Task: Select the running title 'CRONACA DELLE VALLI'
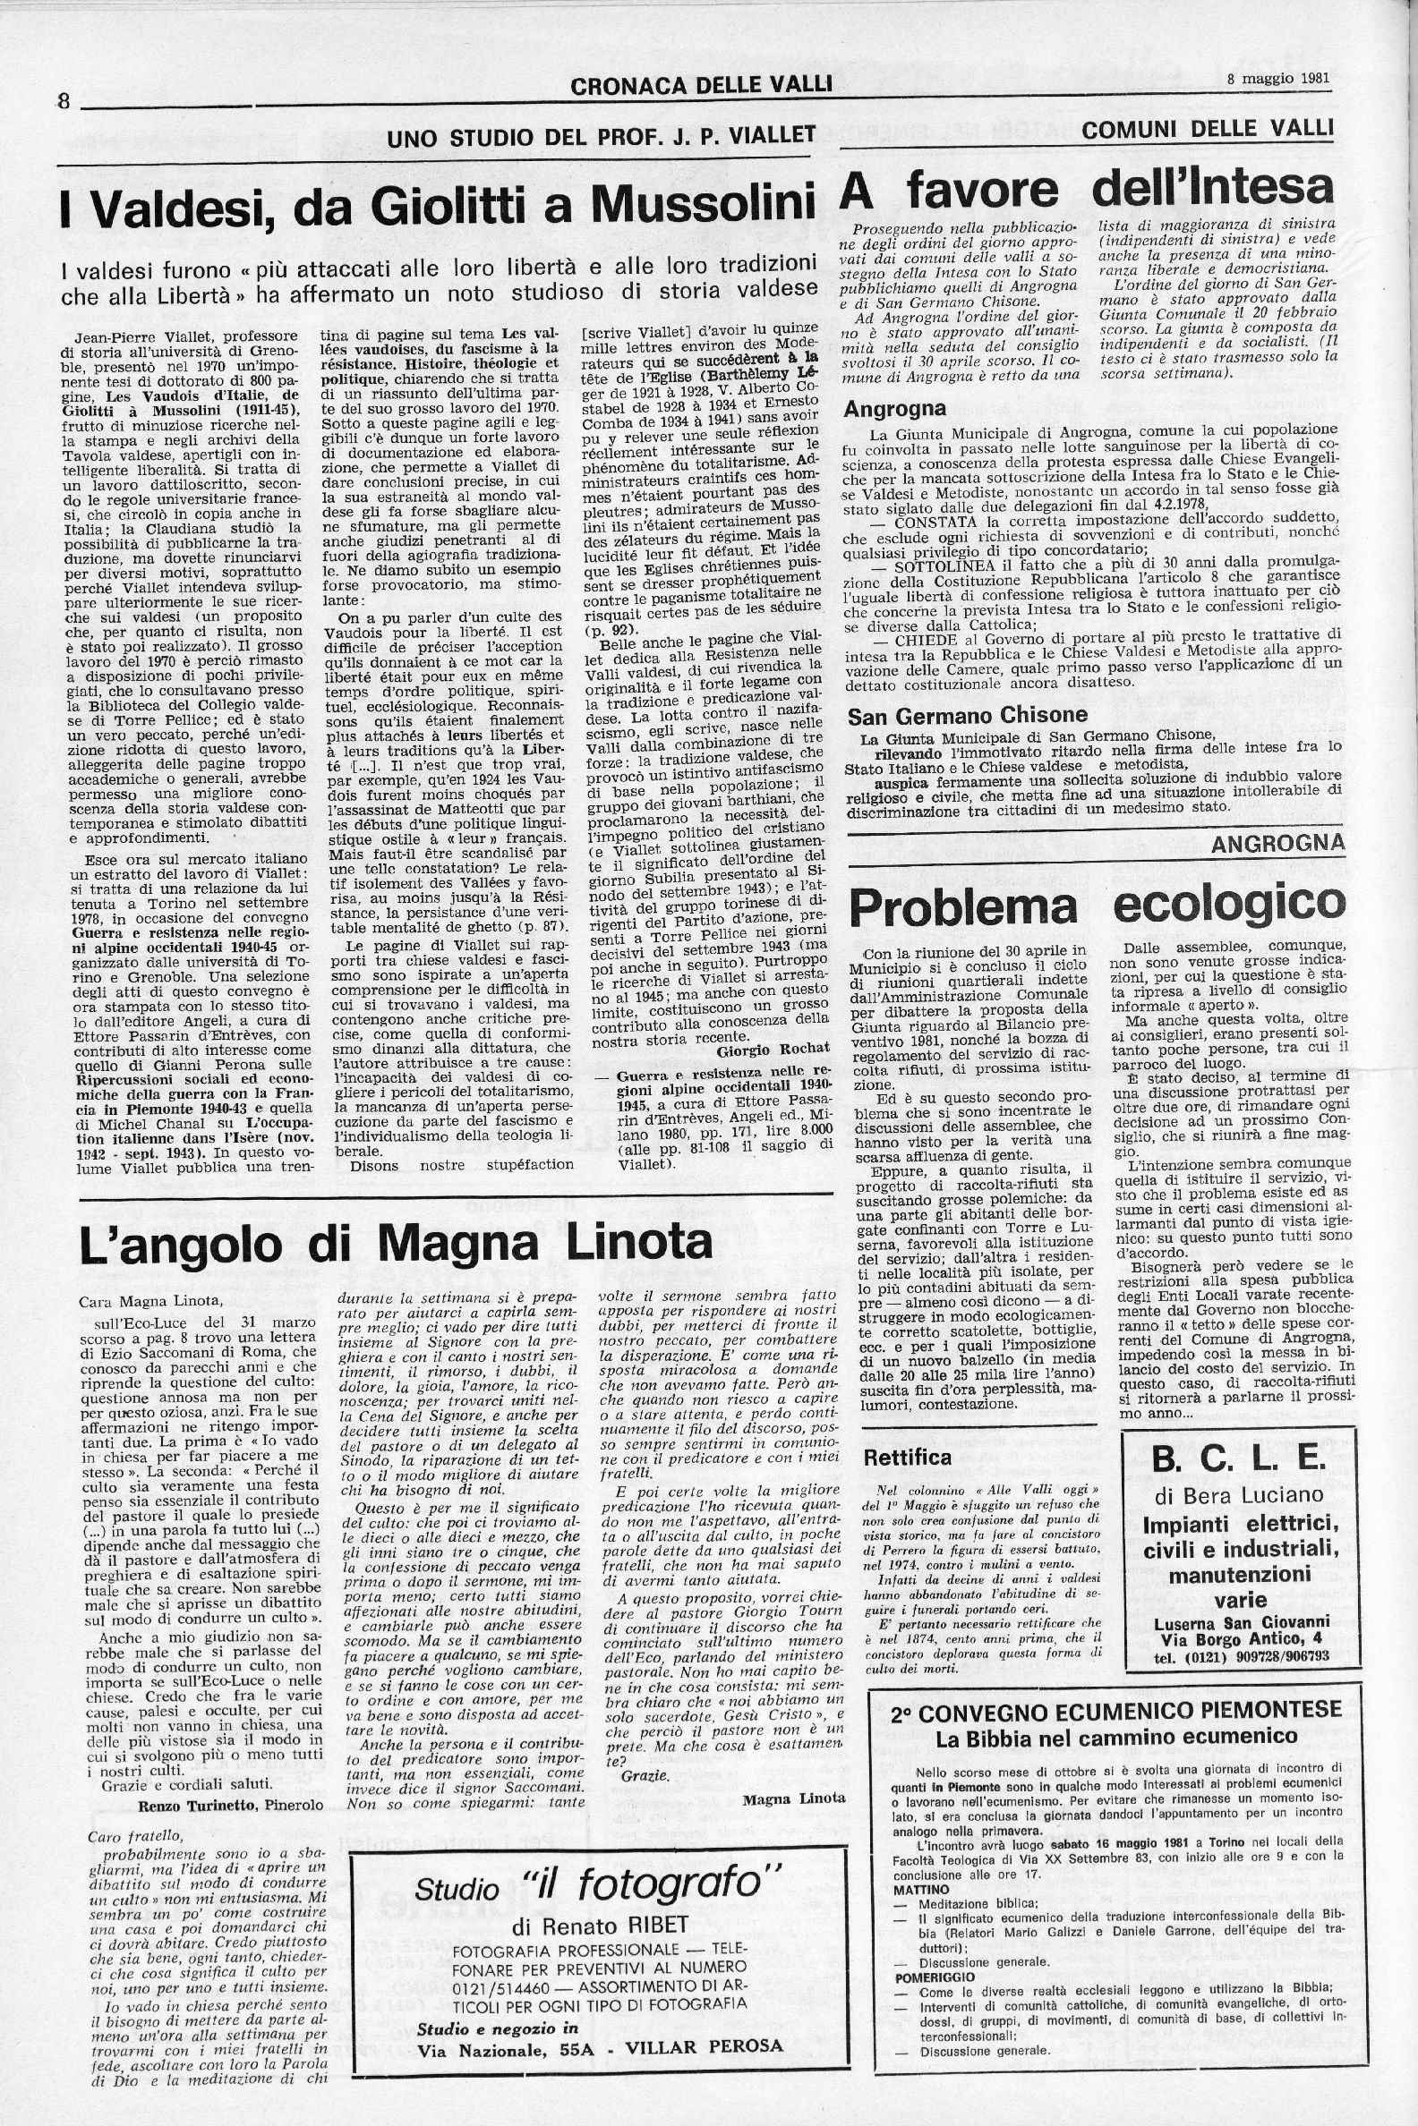click(x=701, y=86)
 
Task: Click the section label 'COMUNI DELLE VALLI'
click(x=1208, y=128)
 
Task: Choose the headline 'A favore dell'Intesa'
click(x=1088, y=188)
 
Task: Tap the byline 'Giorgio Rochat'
click(x=773, y=1051)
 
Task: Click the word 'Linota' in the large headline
click(x=617, y=1245)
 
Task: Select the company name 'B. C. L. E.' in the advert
click(x=1239, y=1464)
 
